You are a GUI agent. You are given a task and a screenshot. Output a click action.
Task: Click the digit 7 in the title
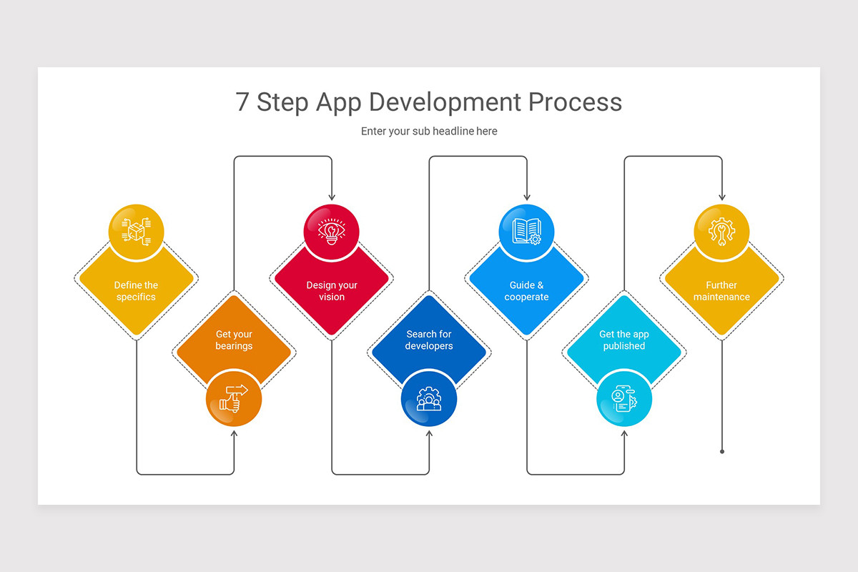(243, 102)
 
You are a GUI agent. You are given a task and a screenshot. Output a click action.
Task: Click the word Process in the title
(575, 102)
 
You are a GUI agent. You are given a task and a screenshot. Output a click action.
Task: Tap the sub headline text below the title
(429, 132)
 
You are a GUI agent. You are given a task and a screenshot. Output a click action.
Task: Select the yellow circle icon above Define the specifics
(137, 232)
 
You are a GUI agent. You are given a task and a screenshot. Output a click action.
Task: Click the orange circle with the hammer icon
(234, 399)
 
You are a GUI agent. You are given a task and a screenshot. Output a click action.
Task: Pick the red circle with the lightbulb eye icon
(332, 232)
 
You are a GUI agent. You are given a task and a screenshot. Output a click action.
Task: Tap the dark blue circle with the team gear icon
(429, 399)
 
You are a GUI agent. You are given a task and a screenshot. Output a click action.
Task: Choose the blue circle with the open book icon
(526, 232)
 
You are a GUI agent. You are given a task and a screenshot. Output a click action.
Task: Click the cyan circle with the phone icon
(624, 399)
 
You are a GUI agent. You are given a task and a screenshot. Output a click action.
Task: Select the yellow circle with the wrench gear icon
(721, 232)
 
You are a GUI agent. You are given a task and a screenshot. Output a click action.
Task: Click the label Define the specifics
(136, 291)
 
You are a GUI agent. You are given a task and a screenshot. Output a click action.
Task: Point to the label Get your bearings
(234, 340)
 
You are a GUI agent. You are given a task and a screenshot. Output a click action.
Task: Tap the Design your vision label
(332, 291)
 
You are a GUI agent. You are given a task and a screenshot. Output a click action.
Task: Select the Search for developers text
(429, 340)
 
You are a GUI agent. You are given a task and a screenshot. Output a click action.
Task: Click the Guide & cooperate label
(526, 291)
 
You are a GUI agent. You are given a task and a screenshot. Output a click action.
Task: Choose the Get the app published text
(624, 340)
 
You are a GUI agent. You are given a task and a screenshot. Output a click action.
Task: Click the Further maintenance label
(721, 291)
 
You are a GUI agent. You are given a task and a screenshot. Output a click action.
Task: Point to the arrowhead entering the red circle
(332, 197)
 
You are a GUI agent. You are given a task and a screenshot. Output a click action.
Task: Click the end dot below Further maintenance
(721, 451)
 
